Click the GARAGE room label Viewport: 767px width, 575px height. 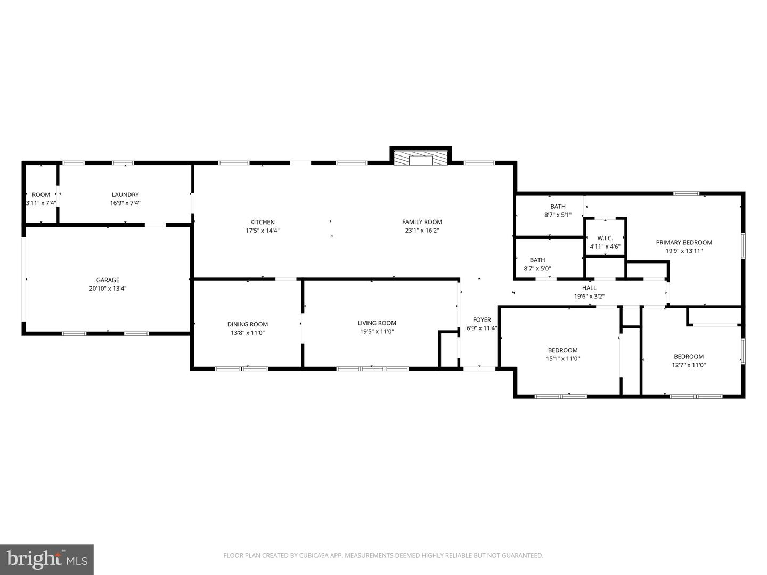(x=108, y=280)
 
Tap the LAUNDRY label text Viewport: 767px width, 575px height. (x=125, y=195)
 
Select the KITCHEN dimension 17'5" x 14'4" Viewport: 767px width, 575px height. (x=263, y=231)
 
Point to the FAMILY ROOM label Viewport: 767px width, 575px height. (x=422, y=222)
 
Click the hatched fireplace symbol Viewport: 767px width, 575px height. (x=421, y=159)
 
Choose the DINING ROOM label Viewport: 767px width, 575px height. (x=248, y=324)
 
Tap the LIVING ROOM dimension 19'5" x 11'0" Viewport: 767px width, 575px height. (x=377, y=332)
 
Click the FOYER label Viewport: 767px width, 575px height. (x=482, y=320)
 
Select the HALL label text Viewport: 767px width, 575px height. (x=589, y=288)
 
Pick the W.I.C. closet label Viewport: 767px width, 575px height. (x=605, y=238)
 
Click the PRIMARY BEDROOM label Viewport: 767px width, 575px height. (x=684, y=242)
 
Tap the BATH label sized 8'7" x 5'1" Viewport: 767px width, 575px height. (x=558, y=207)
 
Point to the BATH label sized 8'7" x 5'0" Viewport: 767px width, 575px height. (x=537, y=260)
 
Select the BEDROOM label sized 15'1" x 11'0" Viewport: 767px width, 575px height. (x=563, y=350)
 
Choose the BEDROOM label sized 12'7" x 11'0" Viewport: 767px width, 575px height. (x=689, y=357)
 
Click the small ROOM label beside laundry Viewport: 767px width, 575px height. (x=41, y=195)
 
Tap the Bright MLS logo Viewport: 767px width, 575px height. (x=46, y=559)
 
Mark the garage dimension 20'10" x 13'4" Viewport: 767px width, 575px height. (x=108, y=289)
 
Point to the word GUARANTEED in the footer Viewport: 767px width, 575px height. (x=522, y=556)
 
